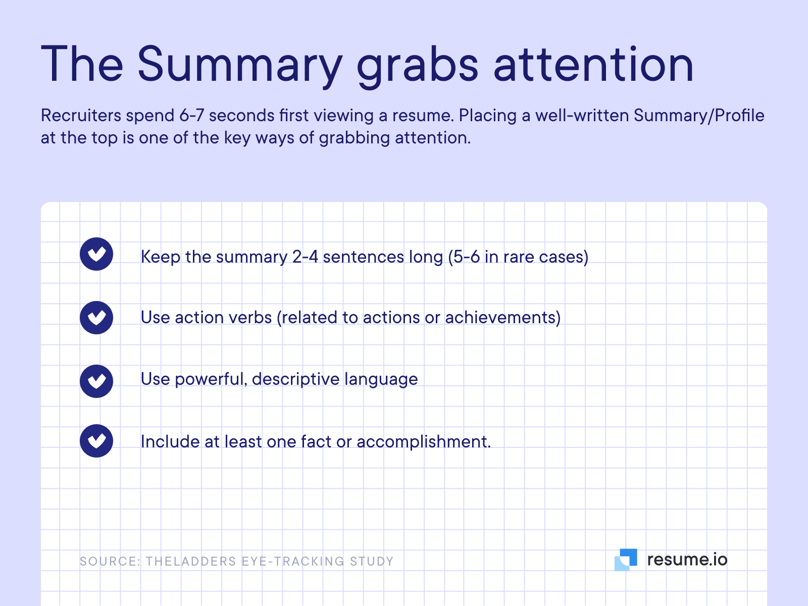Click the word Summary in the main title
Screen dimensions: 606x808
(x=239, y=65)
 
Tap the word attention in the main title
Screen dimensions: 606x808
(x=593, y=65)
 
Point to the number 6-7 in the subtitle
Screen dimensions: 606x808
(x=191, y=116)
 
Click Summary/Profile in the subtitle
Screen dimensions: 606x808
(x=699, y=116)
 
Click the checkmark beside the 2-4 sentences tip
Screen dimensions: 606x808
(x=96, y=254)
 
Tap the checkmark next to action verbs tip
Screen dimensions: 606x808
(x=96, y=318)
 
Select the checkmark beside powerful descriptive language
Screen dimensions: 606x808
(x=96, y=381)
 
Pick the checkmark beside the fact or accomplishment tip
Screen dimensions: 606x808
(x=96, y=441)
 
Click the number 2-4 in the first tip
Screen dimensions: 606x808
(x=305, y=257)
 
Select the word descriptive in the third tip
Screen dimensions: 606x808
(x=295, y=379)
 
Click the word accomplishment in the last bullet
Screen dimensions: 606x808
(x=423, y=442)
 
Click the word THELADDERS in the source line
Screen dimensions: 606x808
(x=191, y=562)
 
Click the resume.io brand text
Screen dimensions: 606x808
(x=687, y=560)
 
